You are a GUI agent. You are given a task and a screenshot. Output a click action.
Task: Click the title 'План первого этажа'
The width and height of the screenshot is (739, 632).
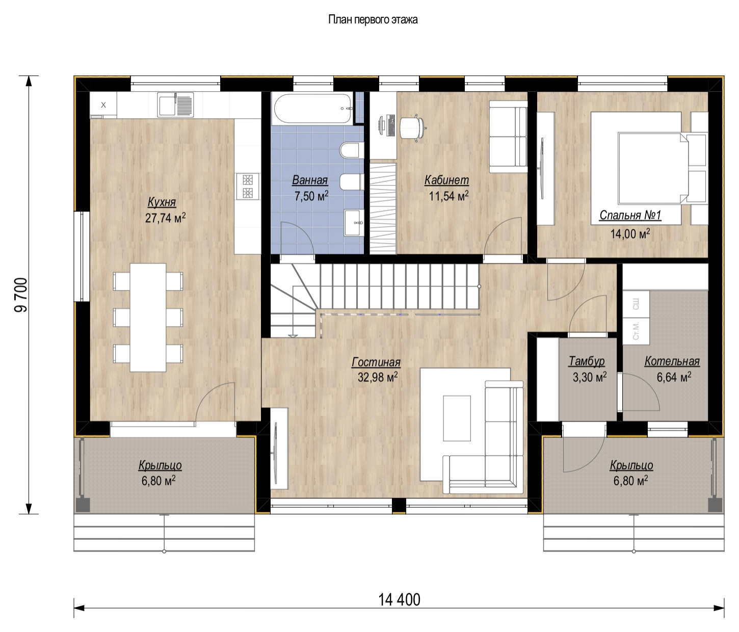373,20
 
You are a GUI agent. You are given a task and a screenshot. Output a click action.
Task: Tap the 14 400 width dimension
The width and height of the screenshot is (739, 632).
399,600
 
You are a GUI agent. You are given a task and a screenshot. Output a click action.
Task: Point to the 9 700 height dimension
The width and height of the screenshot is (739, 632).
21,295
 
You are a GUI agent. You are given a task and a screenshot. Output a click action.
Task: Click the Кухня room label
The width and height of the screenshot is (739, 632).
162,202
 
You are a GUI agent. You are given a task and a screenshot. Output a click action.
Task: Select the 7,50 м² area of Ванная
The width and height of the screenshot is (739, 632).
311,196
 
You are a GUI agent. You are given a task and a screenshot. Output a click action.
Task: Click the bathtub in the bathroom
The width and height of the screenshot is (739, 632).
312,108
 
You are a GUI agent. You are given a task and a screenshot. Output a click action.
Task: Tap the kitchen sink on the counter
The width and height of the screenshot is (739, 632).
175,105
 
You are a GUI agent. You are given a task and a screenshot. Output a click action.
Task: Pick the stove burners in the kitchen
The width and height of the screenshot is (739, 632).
248,186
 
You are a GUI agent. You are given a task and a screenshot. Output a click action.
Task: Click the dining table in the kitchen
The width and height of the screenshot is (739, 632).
148,317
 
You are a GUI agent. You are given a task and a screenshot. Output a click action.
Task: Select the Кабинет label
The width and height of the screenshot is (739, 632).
446,180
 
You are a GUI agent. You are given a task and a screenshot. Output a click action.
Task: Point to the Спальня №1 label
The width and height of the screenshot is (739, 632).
630,215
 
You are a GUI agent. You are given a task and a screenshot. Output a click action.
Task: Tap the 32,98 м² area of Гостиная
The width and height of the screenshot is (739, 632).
377,378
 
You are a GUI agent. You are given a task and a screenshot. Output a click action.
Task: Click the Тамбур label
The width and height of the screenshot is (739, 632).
587,361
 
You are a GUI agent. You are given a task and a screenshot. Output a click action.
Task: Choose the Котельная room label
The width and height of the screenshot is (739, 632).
672,361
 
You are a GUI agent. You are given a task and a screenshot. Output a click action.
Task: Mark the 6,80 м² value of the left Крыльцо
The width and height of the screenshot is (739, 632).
159,481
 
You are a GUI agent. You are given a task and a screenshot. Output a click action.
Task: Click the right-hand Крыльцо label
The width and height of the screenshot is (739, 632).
631,465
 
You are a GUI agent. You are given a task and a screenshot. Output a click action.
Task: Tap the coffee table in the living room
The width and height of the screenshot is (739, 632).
457,418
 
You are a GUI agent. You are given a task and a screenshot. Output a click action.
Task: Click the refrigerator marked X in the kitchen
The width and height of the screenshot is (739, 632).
103,105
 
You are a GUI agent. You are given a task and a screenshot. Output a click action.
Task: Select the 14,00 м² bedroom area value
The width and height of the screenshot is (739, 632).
630,234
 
